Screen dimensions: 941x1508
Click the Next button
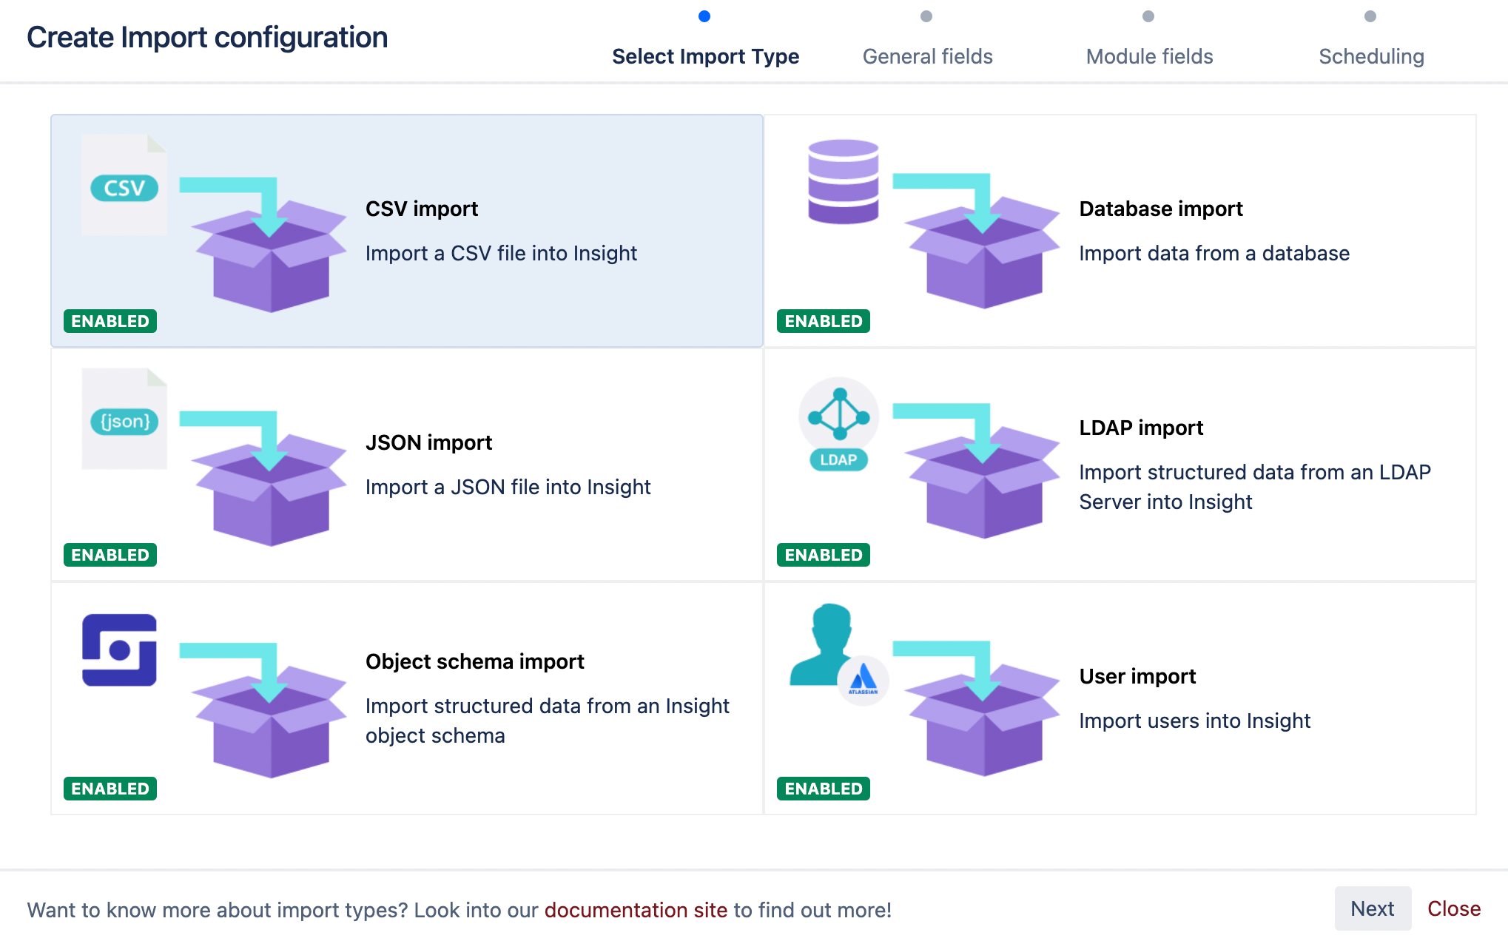point(1372,908)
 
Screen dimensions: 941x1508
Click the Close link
point(1453,908)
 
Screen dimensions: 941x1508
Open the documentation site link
point(636,910)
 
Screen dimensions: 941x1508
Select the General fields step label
point(927,56)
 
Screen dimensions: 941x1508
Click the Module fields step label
point(1149,56)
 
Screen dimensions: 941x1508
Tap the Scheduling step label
point(1371,56)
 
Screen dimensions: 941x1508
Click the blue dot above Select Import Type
point(704,16)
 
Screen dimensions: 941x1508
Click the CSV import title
point(422,209)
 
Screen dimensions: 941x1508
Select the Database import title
point(1160,209)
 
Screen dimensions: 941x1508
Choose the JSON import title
point(428,442)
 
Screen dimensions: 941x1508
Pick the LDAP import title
point(1141,428)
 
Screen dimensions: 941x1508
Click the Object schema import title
point(474,661)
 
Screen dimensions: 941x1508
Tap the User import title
point(1137,676)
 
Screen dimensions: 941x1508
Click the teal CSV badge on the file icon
point(124,188)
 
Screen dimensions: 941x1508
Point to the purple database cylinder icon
point(843,181)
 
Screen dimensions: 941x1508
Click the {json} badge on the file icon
point(124,422)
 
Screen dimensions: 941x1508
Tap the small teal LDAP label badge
point(838,459)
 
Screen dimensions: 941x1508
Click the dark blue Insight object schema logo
point(119,650)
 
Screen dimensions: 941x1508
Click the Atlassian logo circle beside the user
point(863,680)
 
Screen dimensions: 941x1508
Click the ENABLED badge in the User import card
point(823,789)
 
